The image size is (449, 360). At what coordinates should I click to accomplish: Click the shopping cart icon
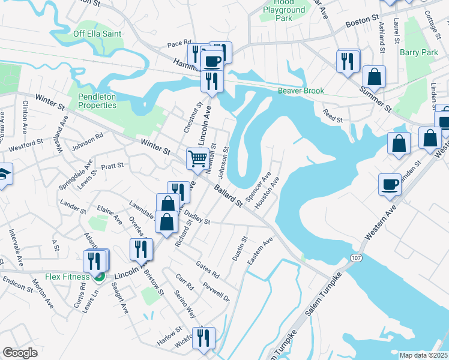(x=197, y=159)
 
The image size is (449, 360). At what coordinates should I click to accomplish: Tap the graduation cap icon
(x=3, y=174)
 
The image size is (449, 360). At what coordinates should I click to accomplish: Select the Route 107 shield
(x=355, y=257)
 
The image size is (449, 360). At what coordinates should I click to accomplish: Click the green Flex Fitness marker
(x=100, y=276)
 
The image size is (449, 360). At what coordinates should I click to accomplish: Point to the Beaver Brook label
(x=301, y=91)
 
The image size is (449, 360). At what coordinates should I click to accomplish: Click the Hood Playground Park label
(x=285, y=10)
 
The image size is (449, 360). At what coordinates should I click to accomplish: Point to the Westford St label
(x=26, y=144)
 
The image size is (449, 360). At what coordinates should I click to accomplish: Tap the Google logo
(x=20, y=353)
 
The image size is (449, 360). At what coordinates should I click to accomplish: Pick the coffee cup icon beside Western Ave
(x=390, y=184)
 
